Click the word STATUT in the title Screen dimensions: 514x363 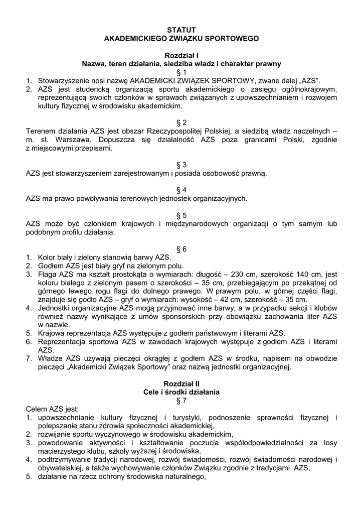[x=181, y=30]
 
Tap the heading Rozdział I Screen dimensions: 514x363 [x=181, y=55]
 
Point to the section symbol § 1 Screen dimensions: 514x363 [x=181, y=72]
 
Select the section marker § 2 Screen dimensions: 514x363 [x=181, y=122]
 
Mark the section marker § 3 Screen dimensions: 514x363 [x=181, y=165]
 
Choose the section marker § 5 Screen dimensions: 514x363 [x=181, y=215]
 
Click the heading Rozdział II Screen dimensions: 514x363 [x=181, y=383]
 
